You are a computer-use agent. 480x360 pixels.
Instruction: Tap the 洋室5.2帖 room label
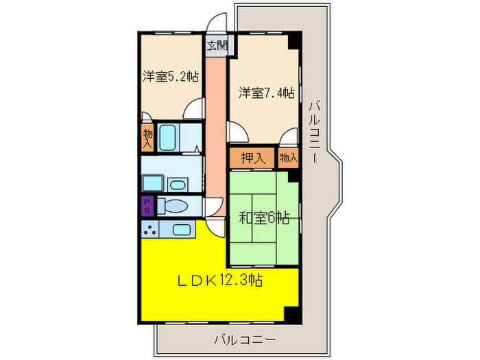171,77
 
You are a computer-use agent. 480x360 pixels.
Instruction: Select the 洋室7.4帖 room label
266,92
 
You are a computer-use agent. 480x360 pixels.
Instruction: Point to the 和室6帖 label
263,219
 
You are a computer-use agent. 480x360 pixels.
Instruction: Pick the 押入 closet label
252,158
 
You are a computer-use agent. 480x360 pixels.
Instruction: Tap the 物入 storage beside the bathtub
147,136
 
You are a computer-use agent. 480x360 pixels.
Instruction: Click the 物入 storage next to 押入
289,158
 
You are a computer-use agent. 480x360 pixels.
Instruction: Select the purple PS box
147,205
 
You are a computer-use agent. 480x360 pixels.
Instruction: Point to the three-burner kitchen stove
149,230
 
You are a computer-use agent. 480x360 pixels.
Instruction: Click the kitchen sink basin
181,230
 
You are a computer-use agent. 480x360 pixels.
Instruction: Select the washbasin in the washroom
178,184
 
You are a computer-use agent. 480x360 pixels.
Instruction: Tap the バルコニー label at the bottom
245,339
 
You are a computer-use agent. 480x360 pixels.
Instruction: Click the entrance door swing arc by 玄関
217,24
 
